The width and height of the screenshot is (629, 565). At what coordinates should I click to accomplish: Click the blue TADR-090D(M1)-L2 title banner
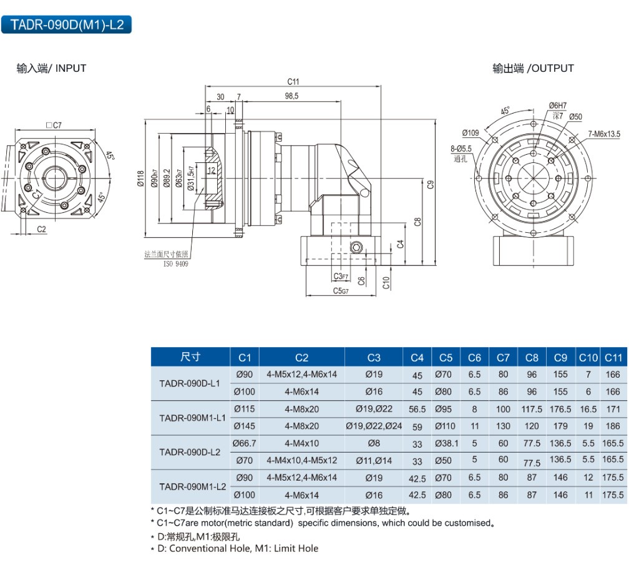pyautogui.click(x=67, y=25)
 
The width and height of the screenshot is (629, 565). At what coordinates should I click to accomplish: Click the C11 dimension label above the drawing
pyautogui.click(x=293, y=82)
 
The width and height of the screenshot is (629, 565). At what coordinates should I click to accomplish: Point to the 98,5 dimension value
pyautogui.click(x=291, y=96)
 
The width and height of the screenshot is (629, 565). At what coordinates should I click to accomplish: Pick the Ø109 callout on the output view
pyautogui.click(x=471, y=132)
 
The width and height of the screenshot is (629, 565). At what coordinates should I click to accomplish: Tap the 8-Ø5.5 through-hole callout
pyautogui.click(x=461, y=149)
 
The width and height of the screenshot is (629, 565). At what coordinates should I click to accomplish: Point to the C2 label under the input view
pyautogui.click(x=41, y=229)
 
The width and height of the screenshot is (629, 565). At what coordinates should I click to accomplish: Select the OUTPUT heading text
pyautogui.click(x=533, y=69)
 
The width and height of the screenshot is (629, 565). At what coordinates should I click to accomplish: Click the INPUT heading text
pyautogui.click(x=51, y=69)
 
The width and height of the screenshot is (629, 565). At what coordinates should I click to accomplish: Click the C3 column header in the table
pyautogui.click(x=373, y=358)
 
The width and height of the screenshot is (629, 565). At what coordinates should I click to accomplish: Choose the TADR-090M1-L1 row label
pyautogui.click(x=192, y=418)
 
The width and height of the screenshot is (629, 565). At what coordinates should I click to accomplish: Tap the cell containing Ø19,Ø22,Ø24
pyautogui.click(x=373, y=426)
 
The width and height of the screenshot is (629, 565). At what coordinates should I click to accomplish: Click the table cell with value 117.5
pyautogui.click(x=532, y=410)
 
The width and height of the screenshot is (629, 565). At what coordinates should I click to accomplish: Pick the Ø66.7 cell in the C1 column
pyautogui.click(x=245, y=443)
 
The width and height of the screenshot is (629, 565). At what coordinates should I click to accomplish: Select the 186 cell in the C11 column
pyautogui.click(x=613, y=426)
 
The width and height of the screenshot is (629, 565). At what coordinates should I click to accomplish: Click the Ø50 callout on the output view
pyautogui.click(x=575, y=117)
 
